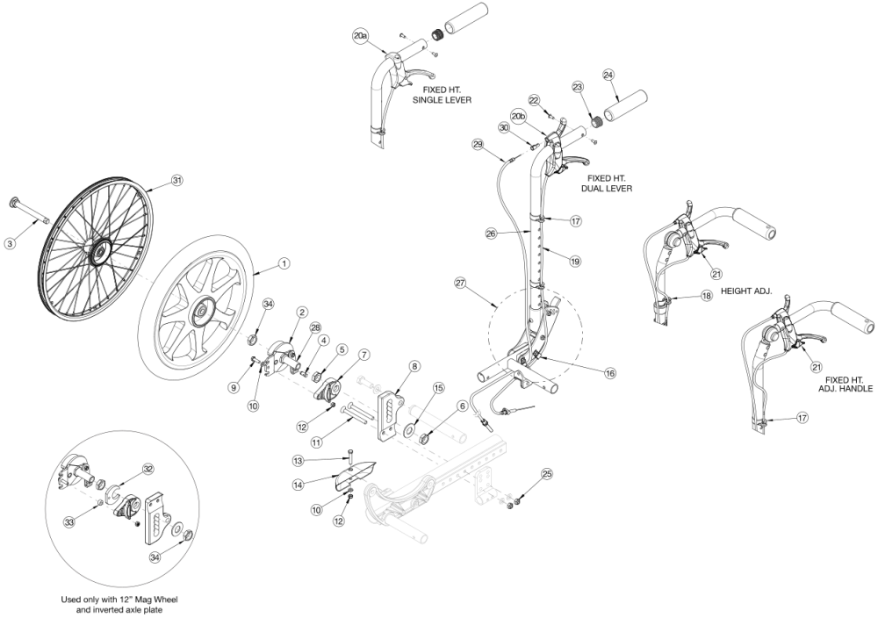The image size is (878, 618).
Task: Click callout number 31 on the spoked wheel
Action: click(x=177, y=181)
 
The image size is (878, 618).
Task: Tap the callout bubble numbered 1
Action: click(x=284, y=262)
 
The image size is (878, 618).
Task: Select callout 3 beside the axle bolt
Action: click(x=10, y=243)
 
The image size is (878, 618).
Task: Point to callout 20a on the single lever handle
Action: click(x=361, y=36)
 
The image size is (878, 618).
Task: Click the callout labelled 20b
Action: click(x=518, y=115)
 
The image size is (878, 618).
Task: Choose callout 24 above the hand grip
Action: click(x=608, y=75)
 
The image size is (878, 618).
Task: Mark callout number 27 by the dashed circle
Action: click(x=459, y=283)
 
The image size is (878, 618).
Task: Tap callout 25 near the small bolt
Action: click(x=547, y=475)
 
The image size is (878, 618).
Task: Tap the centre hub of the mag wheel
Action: click(x=204, y=309)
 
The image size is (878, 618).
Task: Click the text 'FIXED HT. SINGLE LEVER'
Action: click(x=443, y=95)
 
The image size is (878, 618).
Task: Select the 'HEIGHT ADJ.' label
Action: click(x=744, y=291)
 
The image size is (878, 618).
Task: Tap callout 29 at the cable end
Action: click(x=478, y=145)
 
